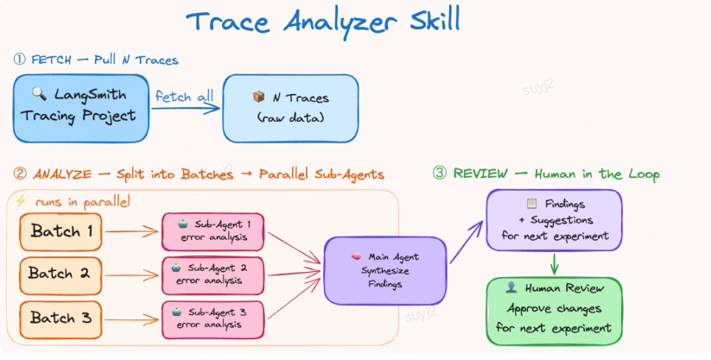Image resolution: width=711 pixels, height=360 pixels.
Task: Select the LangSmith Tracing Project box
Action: [x=77, y=108]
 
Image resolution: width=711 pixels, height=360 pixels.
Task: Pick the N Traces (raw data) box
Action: [x=290, y=108]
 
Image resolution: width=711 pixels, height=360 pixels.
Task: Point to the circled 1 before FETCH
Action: [x=19, y=60]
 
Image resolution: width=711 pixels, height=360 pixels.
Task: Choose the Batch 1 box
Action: [x=60, y=231]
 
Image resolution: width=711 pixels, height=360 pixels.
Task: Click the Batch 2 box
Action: [x=60, y=275]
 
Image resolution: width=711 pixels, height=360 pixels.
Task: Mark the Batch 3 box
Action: [x=60, y=318]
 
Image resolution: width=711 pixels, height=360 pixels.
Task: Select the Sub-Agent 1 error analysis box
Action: [x=213, y=231]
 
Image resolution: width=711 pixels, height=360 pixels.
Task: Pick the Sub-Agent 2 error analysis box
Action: [x=213, y=274]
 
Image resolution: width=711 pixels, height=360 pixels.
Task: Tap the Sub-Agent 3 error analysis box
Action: [x=213, y=318]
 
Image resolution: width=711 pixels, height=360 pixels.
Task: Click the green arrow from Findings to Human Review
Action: [x=554, y=265]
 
